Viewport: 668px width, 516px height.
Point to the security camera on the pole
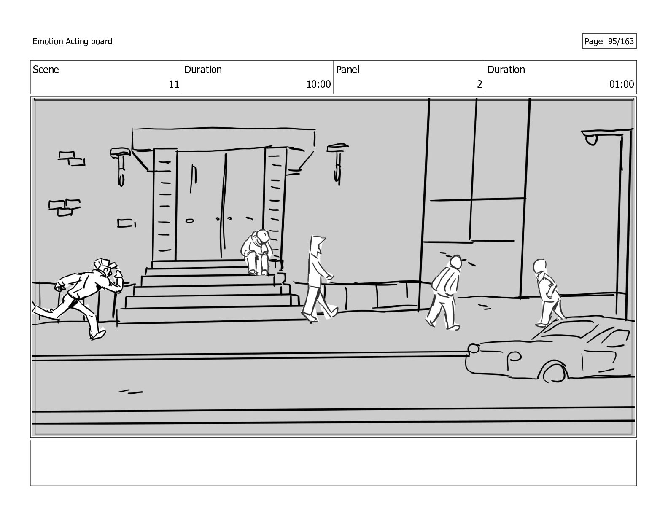(591, 139)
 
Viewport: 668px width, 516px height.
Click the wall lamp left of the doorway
(120, 164)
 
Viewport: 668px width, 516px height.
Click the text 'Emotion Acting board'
(73, 41)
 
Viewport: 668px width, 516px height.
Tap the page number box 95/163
(609, 41)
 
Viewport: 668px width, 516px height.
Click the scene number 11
(174, 84)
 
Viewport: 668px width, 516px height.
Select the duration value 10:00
(318, 84)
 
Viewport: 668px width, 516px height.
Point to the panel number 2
(479, 84)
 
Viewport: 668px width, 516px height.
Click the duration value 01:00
(621, 84)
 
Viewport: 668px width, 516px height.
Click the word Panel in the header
(347, 70)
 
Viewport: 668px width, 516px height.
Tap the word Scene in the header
(46, 70)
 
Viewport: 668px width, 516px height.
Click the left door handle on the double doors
(189, 220)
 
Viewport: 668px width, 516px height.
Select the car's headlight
(474, 349)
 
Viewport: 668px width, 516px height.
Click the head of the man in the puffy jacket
(455, 262)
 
